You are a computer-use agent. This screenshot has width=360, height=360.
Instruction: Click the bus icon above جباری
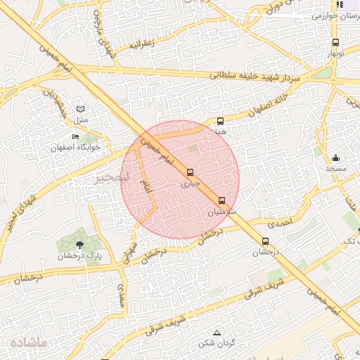click(190, 172)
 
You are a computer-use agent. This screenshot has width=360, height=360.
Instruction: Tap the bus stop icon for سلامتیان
click(222, 200)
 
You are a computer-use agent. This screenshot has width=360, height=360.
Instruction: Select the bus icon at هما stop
click(221, 121)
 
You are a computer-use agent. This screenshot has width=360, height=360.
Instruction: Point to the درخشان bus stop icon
click(265, 241)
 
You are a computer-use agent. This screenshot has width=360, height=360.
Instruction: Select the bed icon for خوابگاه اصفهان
click(75, 136)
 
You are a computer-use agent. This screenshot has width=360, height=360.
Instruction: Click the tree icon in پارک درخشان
click(79, 245)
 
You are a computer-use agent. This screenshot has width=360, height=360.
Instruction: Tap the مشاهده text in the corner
click(28, 342)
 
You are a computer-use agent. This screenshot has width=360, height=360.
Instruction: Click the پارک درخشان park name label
click(79, 257)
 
